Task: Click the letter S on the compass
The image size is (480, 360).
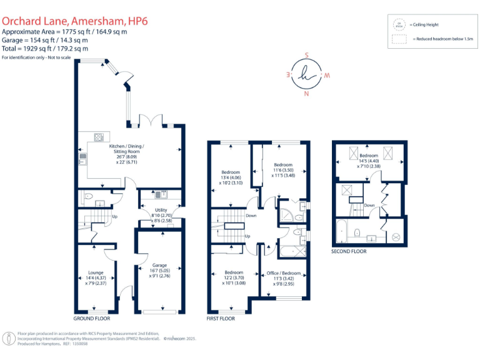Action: pyautogui.click(x=306, y=54)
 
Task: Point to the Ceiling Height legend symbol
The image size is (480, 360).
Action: pyautogui.click(x=398, y=25)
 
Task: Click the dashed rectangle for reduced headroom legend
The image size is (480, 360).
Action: pyautogui.click(x=398, y=39)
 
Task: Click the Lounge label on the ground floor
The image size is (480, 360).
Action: pyautogui.click(x=96, y=272)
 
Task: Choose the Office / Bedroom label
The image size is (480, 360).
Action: pyautogui.click(x=284, y=273)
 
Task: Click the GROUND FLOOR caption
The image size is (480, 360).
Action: pyautogui.click(x=91, y=317)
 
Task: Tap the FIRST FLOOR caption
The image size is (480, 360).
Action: pyautogui.click(x=221, y=317)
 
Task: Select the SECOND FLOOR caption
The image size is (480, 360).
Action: pyautogui.click(x=349, y=251)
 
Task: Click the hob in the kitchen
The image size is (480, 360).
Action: pyautogui.click(x=99, y=137)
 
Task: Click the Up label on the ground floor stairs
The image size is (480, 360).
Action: pyautogui.click(x=114, y=217)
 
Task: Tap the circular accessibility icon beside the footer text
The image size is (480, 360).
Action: pyautogui.click(x=10, y=339)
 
